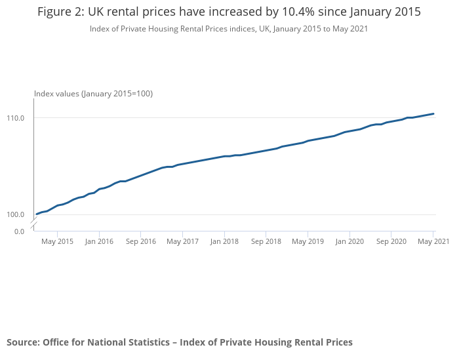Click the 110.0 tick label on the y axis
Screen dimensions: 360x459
coord(16,118)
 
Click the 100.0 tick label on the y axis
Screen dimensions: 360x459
coord(16,214)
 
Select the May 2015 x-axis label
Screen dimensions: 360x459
coord(58,241)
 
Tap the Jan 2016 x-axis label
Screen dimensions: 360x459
coord(99,241)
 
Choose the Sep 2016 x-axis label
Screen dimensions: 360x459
coord(140,241)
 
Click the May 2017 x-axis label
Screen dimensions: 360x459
coord(182,241)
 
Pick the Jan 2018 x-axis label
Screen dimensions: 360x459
coord(224,241)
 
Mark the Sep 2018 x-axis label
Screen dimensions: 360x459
coord(266,241)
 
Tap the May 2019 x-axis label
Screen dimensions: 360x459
coord(308,241)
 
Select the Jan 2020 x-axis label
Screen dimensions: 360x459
coord(349,241)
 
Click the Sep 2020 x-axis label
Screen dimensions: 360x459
coord(391,241)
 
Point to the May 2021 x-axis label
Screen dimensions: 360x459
coord(433,241)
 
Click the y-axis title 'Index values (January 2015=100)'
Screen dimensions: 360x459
coord(93,94)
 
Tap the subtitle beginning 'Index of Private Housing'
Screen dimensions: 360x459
coord(229,29)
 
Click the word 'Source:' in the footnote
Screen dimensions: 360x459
coord(23,342)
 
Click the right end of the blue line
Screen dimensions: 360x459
coord(433,113)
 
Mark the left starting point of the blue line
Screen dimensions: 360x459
coord(37,214)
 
